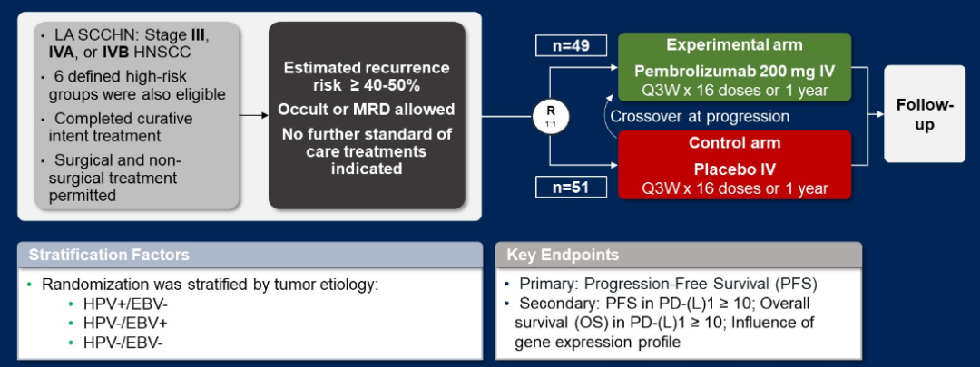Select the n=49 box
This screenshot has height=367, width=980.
point(563,44)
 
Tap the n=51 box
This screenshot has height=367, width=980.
point(563,188)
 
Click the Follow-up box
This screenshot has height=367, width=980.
point(925,115)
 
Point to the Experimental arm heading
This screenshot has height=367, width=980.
point(735,45)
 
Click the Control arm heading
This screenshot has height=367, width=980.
point(735,143)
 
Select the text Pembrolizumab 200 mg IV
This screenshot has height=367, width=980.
point(735,71)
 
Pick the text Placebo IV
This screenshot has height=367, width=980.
point(735,169)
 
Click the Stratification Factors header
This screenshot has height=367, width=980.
point(109,256)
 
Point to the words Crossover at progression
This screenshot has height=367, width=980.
point(700,116)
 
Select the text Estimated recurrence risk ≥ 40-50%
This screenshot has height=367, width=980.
point(367,77)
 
